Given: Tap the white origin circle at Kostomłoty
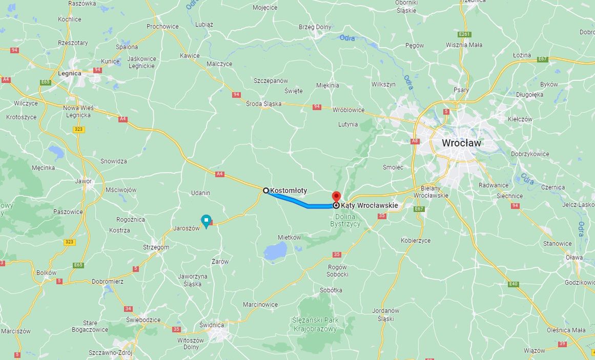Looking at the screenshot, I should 266,190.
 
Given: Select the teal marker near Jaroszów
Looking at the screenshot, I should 206,221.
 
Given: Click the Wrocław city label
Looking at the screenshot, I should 462,143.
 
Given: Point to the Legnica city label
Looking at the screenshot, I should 70,73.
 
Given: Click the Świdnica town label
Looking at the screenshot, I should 212,325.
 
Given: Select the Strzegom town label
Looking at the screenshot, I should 156,247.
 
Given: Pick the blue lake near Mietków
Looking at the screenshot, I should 276,251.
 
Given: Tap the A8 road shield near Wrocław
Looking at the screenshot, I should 415,141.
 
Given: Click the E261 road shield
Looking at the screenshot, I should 464,34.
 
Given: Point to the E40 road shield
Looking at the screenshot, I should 514,284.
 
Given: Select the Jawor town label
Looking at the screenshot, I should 84,181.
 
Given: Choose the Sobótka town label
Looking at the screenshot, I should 331,290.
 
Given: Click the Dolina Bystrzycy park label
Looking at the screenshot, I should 345,220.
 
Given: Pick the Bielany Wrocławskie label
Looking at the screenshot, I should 431,192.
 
